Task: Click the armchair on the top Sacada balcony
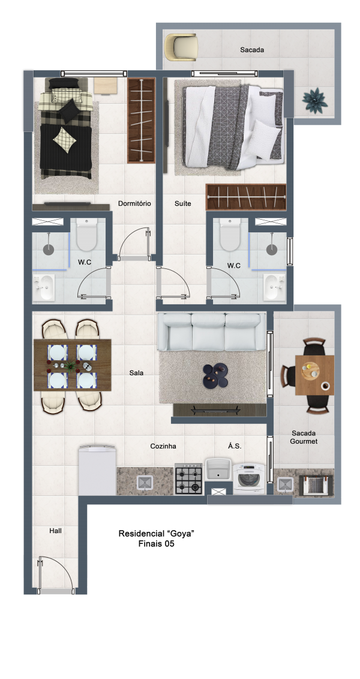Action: point(181,47)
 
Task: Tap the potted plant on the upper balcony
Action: point(314,100)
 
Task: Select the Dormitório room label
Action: point(134,203)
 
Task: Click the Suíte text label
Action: point(182,203)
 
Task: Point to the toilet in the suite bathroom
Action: point(229,234)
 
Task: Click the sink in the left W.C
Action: point(44,288)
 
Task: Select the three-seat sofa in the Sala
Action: point(212,332)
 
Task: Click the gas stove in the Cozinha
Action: point(188,479)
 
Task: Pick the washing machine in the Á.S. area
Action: point(249,478)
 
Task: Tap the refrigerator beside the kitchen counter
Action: point(97,470)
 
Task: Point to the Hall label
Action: point(55,531)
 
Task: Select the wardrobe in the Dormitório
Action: point(141,121)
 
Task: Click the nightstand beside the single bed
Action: point(106,86)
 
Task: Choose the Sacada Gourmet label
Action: point(304,437)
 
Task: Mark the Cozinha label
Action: point(163,446)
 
